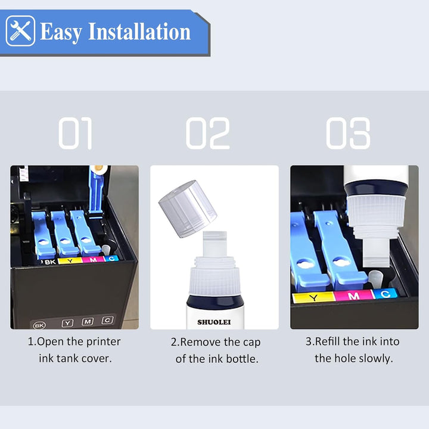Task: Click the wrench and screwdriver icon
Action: [x=20, y=31]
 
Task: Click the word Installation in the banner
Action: [x=139, y=32]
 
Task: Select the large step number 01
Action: [x=75, y=133]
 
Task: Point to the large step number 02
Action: [x=208, y=133]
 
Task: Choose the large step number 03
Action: [x=348, y=133]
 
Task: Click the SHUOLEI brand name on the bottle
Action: [x=214, y=322]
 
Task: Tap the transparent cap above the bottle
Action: [x=188, y=209]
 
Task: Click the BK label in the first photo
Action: [x=50, y=262]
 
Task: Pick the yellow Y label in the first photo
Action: [x=70, y=261]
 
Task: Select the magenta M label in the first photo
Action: [x=93, y=259]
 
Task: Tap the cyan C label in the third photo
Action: [x=385, y=294]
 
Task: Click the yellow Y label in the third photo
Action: [x=313, y=297]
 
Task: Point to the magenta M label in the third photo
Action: [x=353, y=296]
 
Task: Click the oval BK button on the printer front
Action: [x=39, y=325]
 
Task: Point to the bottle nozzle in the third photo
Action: [x=376, y=252]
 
